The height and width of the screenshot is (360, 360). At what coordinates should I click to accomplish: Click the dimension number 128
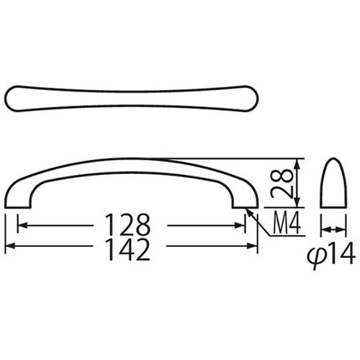131,225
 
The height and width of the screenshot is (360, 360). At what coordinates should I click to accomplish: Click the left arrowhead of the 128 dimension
20,226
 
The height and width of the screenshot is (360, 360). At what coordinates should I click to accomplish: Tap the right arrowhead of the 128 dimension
243,226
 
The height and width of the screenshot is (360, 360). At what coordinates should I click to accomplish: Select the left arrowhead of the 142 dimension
9,247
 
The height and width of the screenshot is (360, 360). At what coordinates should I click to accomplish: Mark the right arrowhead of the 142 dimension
254,247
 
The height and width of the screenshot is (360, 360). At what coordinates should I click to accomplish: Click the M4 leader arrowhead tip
248,210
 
